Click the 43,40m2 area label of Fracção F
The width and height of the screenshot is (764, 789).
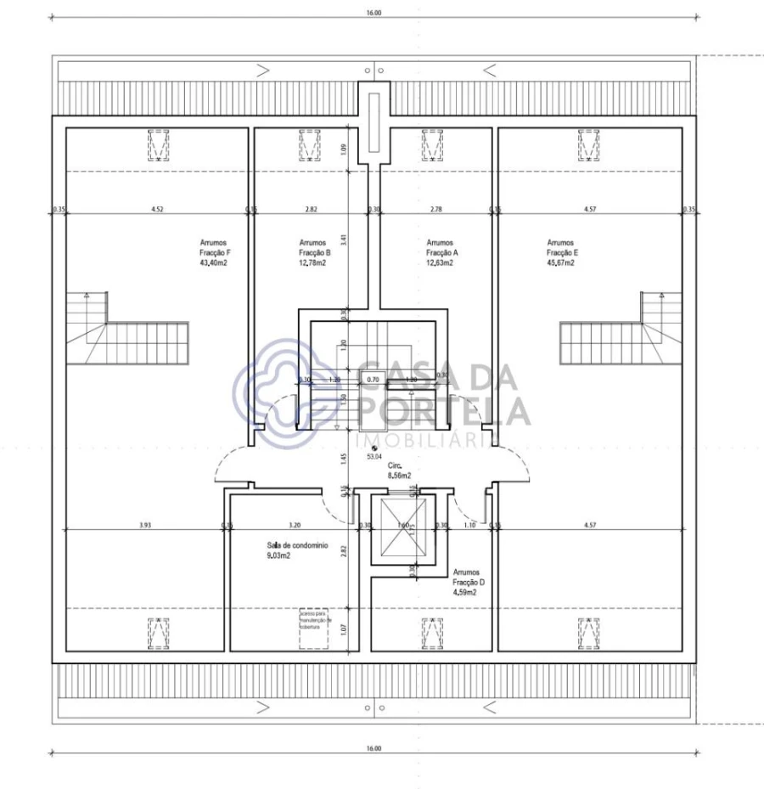coord(213,263)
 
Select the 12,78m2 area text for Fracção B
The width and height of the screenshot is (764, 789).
coord(312,263)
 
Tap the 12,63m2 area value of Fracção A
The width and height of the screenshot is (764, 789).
coord(439,263)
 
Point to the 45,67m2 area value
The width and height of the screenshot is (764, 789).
coord(560,263)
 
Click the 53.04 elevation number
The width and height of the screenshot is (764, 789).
coord(374,456)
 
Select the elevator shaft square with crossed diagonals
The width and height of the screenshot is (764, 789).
coord(403,526)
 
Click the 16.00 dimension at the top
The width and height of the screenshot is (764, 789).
coord(374,13)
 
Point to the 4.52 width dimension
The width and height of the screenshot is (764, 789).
coord(158,208)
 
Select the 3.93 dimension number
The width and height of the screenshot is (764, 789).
coord(146,525)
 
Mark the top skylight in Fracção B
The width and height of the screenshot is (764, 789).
coord(311,144)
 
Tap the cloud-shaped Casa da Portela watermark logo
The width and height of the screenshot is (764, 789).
coord(276,391)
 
